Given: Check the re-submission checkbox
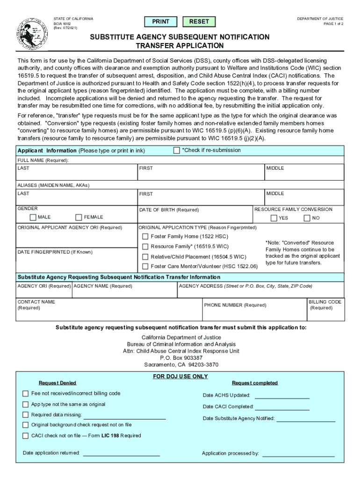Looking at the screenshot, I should pyautogui.click(x=176, y=150).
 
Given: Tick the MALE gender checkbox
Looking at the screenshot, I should pyautogui.click(x=33, y=217).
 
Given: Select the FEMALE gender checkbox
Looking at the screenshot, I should pyautogui.click(x=79, y=217).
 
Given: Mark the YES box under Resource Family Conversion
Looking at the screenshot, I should pyautogui.click(x=274, y=218).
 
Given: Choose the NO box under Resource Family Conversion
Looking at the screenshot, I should pyautogui.click(x=307, y=218).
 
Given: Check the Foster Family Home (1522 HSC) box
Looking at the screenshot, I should pyautogui.click(x=145, y=236).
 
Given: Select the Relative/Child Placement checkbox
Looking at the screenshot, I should pyautogui.click(x=145, y=256).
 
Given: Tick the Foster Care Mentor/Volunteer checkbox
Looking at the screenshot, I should pyautogui.click(x=145, y=266).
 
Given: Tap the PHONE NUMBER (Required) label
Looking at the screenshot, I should pyautogui.click(x=235, y=305).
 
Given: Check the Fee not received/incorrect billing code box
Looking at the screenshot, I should pyautogui.click(x=26, y=393).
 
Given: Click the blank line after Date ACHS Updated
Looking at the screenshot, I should pyautogui.click(x=282, y=396).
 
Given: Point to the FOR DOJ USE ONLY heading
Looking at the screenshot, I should pyautogui.click(x=180, y=377).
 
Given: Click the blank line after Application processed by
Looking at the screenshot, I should pyautogui.click(x=298, y=453).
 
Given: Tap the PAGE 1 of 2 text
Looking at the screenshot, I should pyautogui.click(x=330, y=24).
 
